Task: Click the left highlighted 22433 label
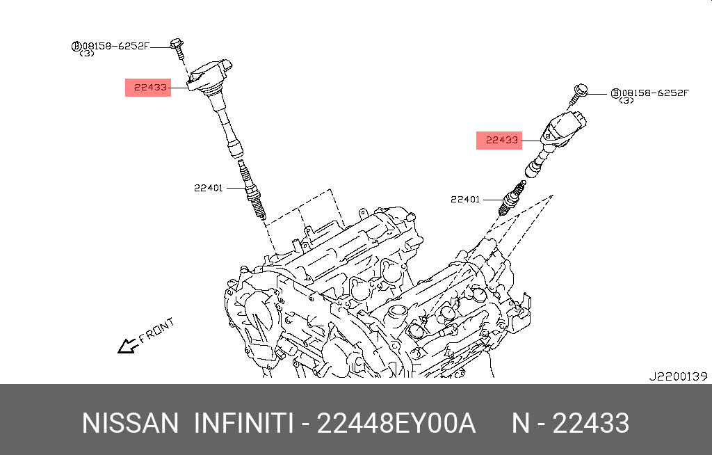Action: (x=148, y=88)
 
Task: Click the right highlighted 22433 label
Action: (x=499, y=140)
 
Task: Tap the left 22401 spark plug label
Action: (x=209, y=188)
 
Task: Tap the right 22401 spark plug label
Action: (x=465, y=200)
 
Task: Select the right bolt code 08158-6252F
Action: (x=654, y=93)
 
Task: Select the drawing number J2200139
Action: (x=677, y=376)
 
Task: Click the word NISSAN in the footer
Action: (x=130, y=423)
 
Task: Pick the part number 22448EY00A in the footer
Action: (x=396, y=423)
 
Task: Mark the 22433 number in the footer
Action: (x=590, y=423)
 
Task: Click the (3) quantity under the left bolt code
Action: (x=88, y=54)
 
